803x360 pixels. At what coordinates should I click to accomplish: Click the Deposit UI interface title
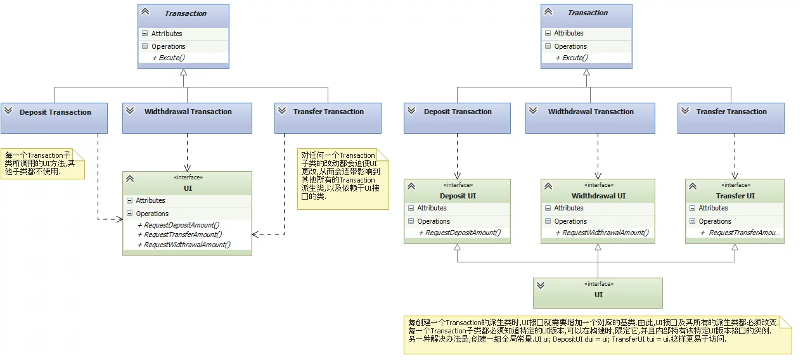[x=458, y=196]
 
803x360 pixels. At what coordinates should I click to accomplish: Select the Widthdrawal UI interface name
[x=598, y=196]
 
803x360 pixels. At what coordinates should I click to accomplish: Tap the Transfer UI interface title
[x=735, y=196]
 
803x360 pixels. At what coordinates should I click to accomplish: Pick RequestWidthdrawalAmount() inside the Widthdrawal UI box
[x=602, y=233]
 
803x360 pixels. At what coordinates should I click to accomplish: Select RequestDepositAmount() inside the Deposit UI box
[x=460, y=233]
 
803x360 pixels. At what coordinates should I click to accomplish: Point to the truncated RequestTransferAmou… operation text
[x=741, y=233]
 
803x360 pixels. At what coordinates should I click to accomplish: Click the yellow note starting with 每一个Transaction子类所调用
[x=42, y=164]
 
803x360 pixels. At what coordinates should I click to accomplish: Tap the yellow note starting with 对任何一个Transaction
[x=343, y=179]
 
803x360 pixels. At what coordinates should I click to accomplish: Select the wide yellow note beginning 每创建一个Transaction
[x=598, y=335]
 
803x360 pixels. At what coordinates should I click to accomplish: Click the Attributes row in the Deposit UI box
[x=457, y=208]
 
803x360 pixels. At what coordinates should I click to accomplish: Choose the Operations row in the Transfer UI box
[x=735, y=221]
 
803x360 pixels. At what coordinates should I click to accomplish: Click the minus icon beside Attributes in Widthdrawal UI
[x=548, y=208]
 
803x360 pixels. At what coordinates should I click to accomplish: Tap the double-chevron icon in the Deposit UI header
[x=411, y=186]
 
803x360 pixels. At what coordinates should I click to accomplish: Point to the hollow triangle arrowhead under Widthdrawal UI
[x=598, y=247]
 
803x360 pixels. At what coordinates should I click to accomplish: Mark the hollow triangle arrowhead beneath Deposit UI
[x=457, y=247]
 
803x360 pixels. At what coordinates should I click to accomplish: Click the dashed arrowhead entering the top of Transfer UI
[x=735, y=176]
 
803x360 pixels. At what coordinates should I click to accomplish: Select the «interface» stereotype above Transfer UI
[x=736, y=185]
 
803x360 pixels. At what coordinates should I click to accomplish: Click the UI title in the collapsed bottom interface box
[x=598, y=295]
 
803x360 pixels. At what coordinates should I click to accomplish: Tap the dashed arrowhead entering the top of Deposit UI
[x=457, y=176]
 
